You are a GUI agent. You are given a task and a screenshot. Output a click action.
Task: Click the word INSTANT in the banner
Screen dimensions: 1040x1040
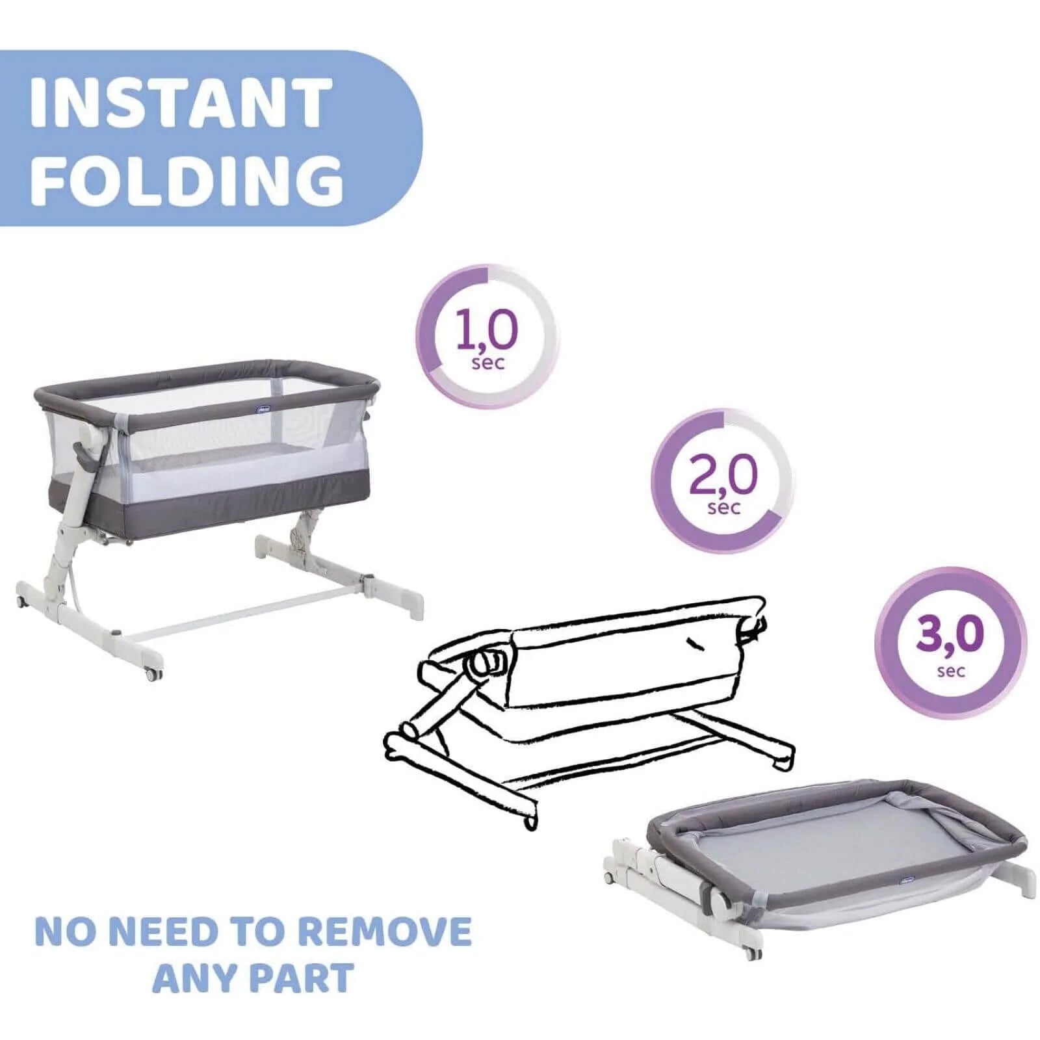point(181,103)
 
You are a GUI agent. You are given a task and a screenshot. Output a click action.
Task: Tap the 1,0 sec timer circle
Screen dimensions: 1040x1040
point(487,337)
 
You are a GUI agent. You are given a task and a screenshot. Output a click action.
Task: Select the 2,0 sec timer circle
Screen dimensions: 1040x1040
point(723,480)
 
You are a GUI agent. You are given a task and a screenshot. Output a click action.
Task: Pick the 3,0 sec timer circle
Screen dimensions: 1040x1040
point(950,642)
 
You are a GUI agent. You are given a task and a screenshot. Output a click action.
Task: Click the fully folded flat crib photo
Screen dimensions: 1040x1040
point(820,864)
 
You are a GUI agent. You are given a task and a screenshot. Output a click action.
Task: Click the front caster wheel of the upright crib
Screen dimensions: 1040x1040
point(153,674)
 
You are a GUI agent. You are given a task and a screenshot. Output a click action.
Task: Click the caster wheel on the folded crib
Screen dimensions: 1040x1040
point(753,953)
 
